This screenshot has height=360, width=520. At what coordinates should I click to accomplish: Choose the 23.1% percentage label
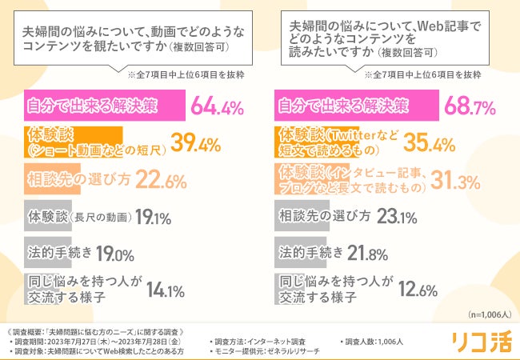pyautogui.click(x=398, y=217)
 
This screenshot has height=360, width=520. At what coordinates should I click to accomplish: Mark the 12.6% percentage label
pyautogui.click(x=418, y=290)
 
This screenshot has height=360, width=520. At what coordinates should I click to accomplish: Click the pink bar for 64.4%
pyautogui.click(x=103, y=106)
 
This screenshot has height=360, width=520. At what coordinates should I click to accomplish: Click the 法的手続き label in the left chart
pyautogui.click(x=56, y=254)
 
